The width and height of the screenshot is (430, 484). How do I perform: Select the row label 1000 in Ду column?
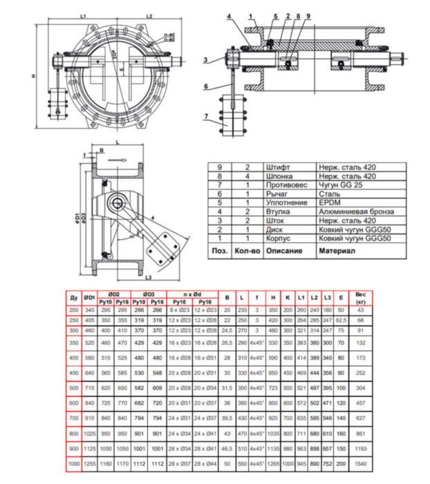(73, 463)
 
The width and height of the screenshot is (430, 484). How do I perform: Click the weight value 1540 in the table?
(359, 463)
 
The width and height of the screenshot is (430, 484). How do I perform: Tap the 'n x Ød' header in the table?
(191, 294)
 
